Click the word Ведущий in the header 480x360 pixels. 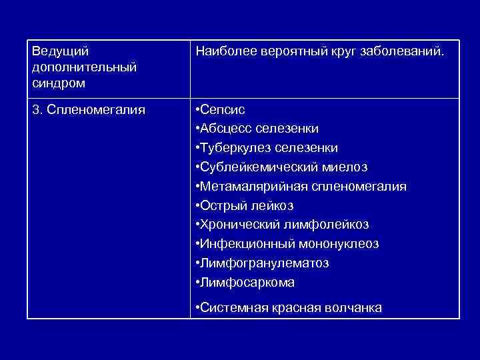(x=60, y=51)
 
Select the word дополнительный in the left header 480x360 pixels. (x=84, y=67)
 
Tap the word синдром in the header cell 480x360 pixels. (x=58, y=84)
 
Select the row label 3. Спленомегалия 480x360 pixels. (x=88, y=109)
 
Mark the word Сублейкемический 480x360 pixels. (x=259, y=167)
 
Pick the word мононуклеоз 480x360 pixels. (x=340, y=244)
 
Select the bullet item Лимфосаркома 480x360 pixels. (x=247, y=283)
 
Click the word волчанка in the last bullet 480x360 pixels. (x=353, y=307)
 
